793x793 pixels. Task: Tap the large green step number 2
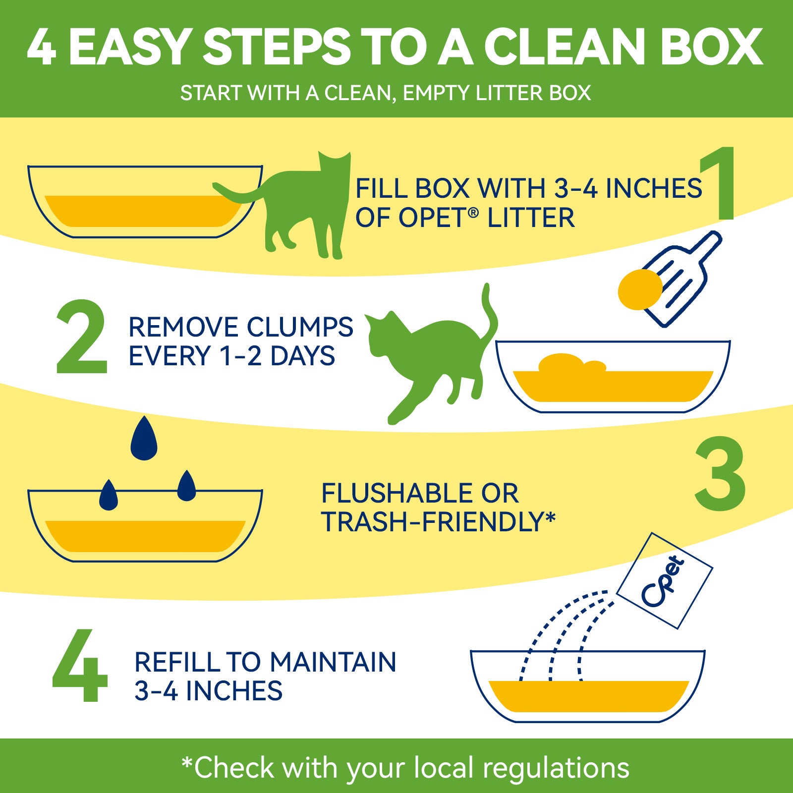82,337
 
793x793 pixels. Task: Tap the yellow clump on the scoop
640,289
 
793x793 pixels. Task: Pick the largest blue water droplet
144,438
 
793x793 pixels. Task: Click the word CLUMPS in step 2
300,327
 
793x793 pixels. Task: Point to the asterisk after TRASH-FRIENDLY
550,516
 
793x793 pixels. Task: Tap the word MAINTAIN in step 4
333,662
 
